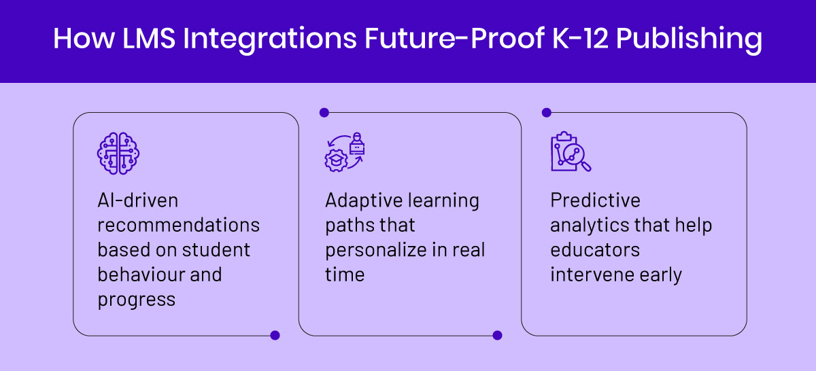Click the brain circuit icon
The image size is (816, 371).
point(118,154)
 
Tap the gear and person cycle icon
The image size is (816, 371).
point(345,152)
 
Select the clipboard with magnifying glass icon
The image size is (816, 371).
point(571,151)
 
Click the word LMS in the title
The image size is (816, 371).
point(149,38)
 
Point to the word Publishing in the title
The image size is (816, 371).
point(689,40)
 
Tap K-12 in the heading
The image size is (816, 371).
point(580,38)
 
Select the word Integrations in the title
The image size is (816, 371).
point(269,40)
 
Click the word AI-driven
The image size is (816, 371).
point(137,200)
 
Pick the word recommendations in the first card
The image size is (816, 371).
point(178,225)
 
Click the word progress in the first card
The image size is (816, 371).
point(137,300)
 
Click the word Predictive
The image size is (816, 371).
point(595,200)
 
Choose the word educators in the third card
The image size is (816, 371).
point(595,250)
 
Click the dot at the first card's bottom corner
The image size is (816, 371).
point(275,335)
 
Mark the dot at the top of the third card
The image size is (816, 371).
point(547,113)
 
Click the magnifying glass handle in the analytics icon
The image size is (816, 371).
point(586,166)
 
